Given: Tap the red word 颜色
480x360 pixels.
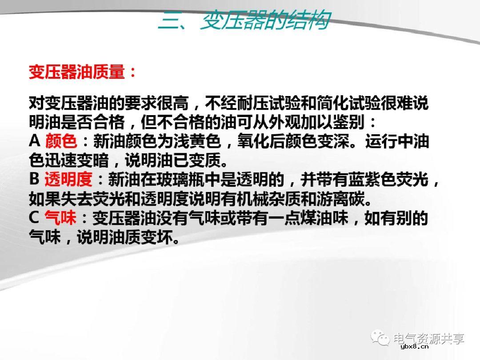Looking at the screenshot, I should click(x=61, y=142).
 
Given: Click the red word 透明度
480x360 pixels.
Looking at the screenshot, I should click(x=68, y=180).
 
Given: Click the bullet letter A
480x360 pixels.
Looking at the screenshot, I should click(x=35, y=142).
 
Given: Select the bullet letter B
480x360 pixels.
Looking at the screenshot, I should click(x=35, y=180).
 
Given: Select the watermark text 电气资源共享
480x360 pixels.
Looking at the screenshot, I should click(x=428, y=339).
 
